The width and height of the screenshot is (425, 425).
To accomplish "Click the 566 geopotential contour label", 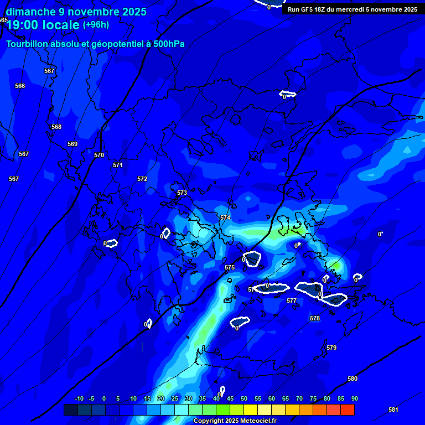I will [x=20, y=86].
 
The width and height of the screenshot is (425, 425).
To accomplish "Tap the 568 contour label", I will [x=56, y=127].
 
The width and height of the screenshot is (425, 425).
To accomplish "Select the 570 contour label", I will [x=99, y=155].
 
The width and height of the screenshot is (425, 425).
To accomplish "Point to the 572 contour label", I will [x=142, y=179].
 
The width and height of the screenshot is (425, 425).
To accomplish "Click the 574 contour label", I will [x=225, y=217].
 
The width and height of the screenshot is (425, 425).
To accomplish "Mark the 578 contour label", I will [x=315, y=318].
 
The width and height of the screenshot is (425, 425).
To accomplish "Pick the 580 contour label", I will [x=353, y=379].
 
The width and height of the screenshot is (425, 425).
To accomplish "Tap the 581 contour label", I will [x=393, y=410].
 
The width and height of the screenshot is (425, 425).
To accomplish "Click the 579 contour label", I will [x=331, y=348].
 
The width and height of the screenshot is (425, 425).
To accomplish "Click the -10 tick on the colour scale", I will [x=79, y=398].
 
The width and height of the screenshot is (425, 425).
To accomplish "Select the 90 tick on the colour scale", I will [x=354, y=398].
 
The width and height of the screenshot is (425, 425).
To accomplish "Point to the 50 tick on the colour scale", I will [x=244, y=398].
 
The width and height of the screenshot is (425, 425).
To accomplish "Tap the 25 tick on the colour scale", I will [x=175, y=398].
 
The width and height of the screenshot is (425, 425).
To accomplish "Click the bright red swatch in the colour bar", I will [x=347, y=410].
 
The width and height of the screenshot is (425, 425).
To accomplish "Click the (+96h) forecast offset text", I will [x=96, y=25].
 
